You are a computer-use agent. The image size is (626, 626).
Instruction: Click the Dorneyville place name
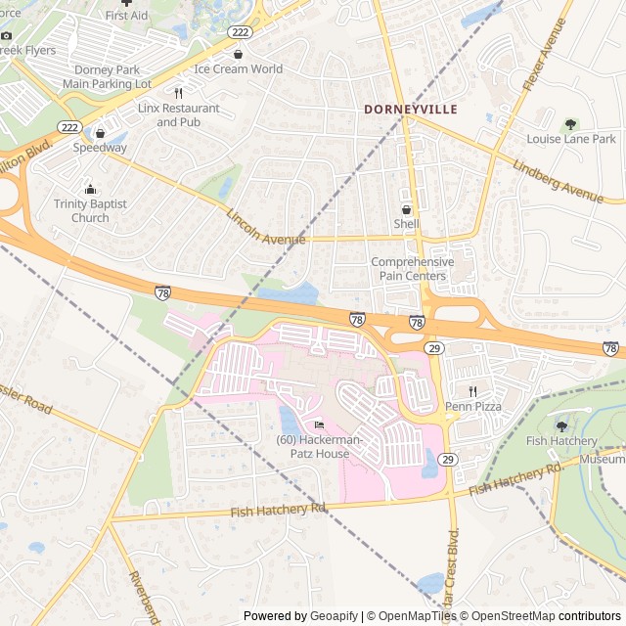pos(410,110)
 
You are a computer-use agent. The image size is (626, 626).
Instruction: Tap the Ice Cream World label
pos(238,69)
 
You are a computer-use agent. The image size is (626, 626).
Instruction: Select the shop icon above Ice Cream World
pos(238,54)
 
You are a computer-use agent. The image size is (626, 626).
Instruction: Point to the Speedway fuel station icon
pos(100,133)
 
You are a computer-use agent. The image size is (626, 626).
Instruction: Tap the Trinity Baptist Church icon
pos(90,189)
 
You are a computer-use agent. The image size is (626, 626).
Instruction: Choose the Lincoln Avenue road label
pos(266,228)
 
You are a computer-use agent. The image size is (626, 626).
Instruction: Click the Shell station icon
pos(406,209)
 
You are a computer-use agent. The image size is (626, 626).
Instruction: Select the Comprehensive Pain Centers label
pos(412,269)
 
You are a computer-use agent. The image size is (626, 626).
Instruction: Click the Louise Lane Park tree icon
pos(571,124)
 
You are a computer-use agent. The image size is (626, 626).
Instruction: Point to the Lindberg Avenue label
pos(557,179)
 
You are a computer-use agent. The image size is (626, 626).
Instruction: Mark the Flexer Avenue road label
pos(545,55)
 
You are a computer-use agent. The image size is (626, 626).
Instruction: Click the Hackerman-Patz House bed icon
pos(318,425)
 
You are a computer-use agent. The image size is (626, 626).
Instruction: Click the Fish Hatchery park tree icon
pos(561,425)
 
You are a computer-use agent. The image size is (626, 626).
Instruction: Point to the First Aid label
pos(126,16)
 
